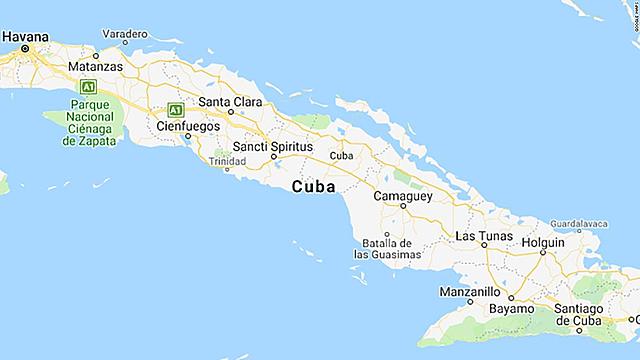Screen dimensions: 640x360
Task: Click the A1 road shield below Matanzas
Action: pyautogui.click(x=88, y=86)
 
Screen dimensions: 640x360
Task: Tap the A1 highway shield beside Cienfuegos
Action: pyautogui.click(x=176, y=109)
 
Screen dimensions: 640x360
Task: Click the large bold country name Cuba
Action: pyautogui.click(x=313, y=187)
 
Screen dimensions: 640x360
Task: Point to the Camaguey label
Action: pyautogui.click(x=402, y=196)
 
